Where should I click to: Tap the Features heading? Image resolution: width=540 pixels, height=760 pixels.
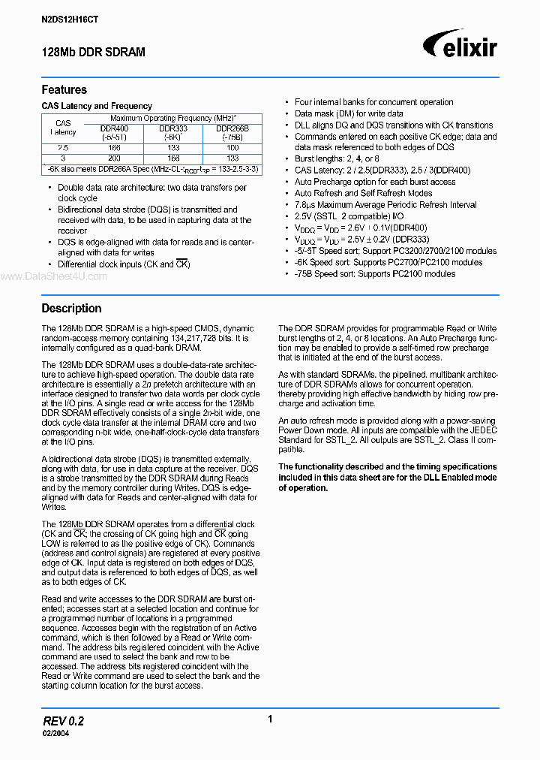point(64,89)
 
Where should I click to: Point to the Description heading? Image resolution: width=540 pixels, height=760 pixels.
point(71,308)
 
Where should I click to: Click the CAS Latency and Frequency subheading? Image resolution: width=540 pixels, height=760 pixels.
point(97,106)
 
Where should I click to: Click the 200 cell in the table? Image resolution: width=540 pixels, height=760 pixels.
point(114,158)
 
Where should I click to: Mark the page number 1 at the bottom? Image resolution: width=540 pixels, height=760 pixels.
point(269,719)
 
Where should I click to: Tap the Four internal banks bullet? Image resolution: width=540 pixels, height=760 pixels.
point(373,102)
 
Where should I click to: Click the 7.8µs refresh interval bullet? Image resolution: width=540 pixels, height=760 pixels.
point(385,205)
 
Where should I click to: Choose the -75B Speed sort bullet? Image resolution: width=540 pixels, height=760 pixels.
point(374,273)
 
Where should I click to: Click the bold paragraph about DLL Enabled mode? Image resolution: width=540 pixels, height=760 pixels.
point(387,477)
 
